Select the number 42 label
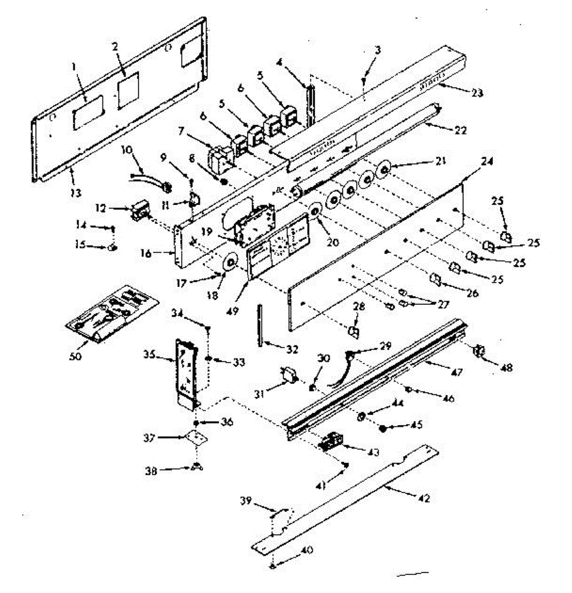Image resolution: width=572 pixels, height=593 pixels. tap(424, 499)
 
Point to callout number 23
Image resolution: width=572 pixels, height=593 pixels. tap(478, 93)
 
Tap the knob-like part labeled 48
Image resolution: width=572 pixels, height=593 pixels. tap(478, 352)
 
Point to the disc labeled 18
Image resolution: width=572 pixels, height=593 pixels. tap(230, 261)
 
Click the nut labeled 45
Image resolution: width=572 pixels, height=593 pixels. tap(383, 428)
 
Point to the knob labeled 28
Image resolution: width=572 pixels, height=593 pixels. tap(354, 332)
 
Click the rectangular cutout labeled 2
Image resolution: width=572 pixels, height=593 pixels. tap(128, 90)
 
